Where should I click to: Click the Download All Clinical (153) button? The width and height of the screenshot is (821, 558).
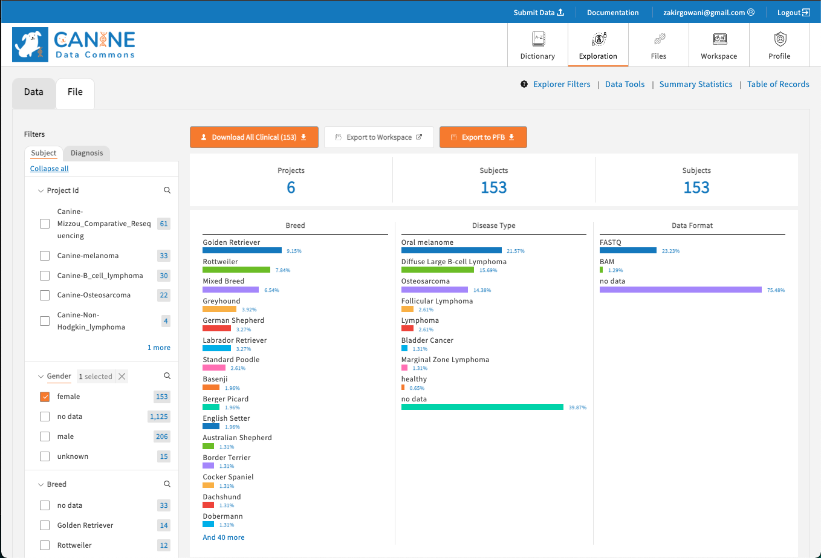(253, 137)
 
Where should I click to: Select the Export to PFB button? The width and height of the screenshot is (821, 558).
(482, 137)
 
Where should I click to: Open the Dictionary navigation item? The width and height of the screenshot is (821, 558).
(537, 45)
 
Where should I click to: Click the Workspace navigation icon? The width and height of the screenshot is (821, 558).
(719, 40)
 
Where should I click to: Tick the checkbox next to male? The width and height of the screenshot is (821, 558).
(45, 436)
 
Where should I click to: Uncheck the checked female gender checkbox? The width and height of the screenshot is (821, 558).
(45, 397)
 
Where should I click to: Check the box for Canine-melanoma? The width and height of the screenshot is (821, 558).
(45, 256)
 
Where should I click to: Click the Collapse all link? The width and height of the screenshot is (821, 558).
(50, 169)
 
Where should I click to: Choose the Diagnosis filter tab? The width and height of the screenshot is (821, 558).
(86, 153)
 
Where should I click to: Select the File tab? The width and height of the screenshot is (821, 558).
(75, 92)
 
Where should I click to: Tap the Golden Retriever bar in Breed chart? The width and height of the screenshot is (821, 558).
(242, 250)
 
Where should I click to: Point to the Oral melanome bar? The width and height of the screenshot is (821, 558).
(451, 250)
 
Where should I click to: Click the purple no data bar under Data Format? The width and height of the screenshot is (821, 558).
(680, 290)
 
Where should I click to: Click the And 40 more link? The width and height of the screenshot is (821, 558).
(224, 537)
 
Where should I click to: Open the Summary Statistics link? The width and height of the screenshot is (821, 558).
(695, 85)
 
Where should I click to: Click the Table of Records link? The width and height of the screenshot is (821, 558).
(777, 85)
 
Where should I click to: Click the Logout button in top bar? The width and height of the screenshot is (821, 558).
(793, 13)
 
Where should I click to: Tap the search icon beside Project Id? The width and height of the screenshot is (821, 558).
(167, 190)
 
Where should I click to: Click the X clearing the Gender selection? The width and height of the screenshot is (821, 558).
(122, 377)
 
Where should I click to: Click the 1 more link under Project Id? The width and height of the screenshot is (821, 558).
(159, 348)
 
